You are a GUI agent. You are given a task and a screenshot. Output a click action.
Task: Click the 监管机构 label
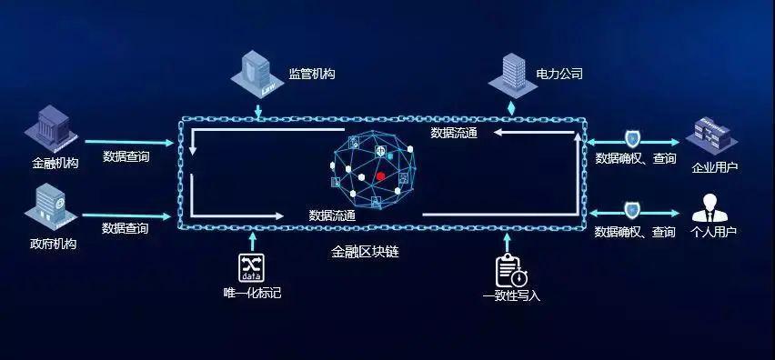(x=312, y=74)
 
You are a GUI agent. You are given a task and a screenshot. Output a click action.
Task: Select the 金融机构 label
(x=56, y=165)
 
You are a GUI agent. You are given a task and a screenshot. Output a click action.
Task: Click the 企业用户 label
(x=715, y=167)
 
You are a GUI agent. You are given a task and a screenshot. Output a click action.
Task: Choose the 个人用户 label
(x=714, y=233)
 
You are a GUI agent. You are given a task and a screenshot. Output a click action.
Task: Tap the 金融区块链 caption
(x=365, y=251)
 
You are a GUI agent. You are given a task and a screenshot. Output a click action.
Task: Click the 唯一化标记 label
(x=252, y=293)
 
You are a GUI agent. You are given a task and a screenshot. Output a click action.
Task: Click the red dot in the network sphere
(x=380, y=175)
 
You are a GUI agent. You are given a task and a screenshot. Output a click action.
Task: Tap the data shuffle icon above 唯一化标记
(x=252, y=265)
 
